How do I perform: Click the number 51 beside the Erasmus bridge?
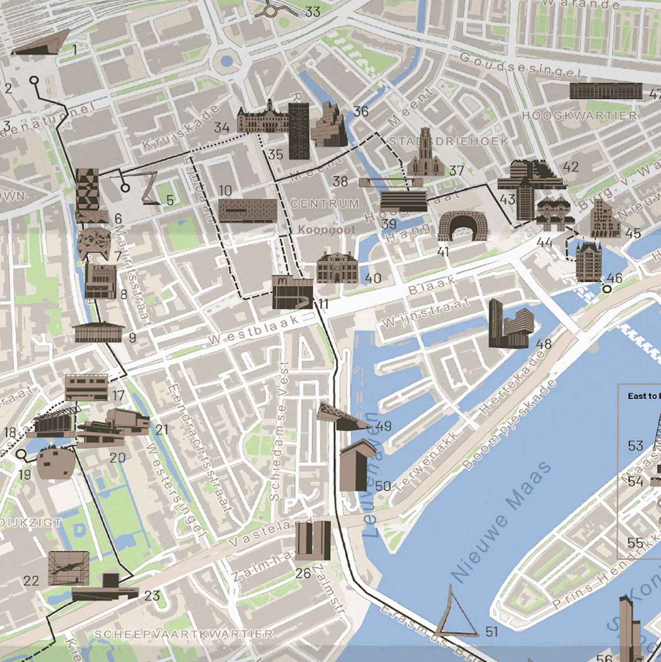[491, 632]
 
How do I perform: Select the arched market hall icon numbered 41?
[463, 226]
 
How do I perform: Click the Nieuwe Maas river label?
[501, 522]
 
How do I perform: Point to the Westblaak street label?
[253, 331]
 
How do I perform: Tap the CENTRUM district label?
[325, 204]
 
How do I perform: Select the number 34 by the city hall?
[222, 128]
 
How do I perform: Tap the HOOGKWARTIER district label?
[579, 116]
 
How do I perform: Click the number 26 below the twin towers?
[303, 573]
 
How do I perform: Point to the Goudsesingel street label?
[520, 65]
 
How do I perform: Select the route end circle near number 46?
[607, 289]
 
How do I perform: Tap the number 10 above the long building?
[225, 191]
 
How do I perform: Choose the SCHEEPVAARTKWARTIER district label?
[184, 634]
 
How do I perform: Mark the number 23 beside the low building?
[152, 595]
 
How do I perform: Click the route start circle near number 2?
[34, 80]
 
